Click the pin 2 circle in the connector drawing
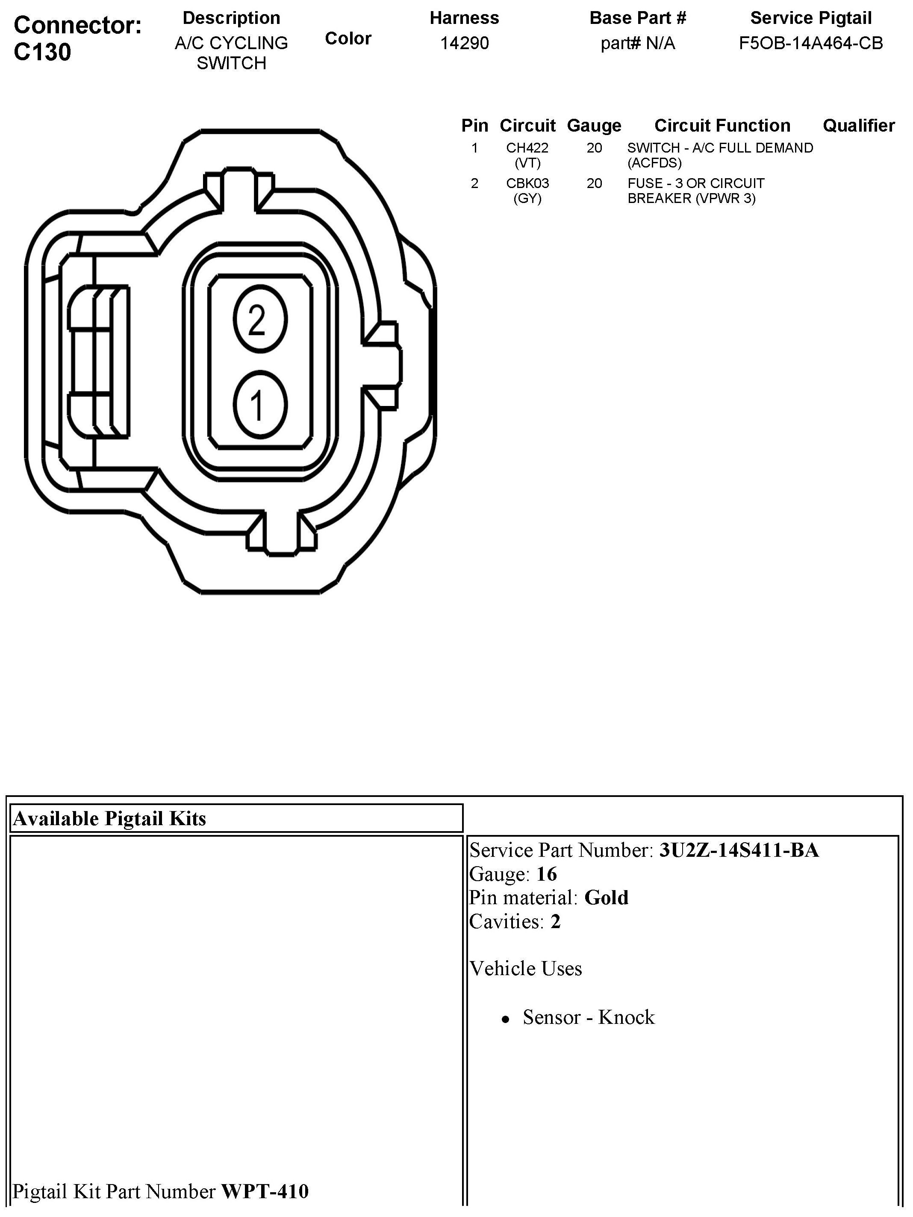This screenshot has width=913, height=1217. [260, 320]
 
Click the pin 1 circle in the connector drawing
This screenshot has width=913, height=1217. [260, 406]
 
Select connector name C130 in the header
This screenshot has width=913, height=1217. [42, 52]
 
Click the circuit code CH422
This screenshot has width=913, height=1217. [527, 148]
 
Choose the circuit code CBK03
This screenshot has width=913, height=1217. [527, 183]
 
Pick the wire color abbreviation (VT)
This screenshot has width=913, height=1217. [527, 163]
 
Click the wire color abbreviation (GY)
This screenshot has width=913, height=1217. [527, 198]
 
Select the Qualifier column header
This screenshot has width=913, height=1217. [859, 126]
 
